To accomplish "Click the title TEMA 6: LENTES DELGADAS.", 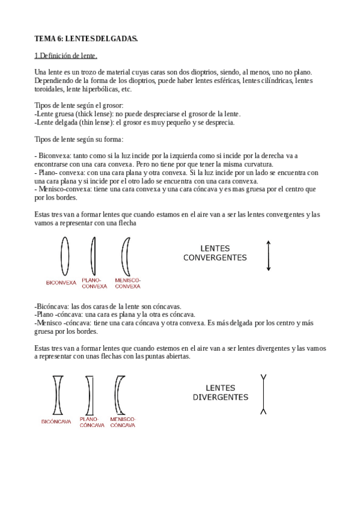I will coord(86,39).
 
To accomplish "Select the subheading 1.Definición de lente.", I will coord(66,56).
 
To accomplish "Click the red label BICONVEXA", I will coord(61,282).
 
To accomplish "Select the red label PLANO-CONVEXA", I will coord(91,283).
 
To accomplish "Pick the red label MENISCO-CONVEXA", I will coord(127,283).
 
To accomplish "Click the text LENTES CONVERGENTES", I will coord(215,253).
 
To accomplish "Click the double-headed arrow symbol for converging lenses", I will coord(269,255).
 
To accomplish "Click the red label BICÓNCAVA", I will coord(56,422).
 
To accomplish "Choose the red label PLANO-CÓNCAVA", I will coord(92,422).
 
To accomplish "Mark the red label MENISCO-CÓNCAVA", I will coord(123,422).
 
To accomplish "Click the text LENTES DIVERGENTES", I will coord(220,393).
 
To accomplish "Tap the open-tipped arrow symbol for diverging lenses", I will coord(263,395).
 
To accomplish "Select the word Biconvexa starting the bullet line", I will coord(55,155).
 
